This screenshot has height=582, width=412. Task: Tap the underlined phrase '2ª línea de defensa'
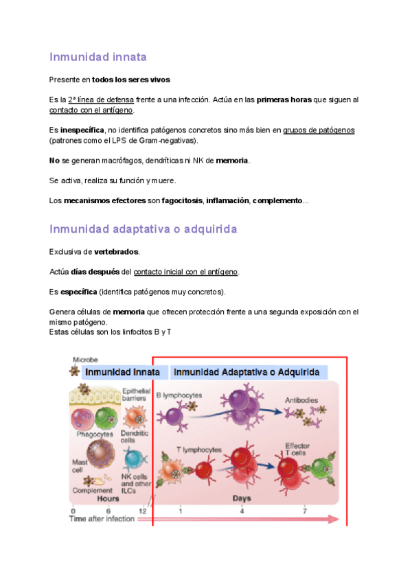pyautogui.click(x=101, y=100)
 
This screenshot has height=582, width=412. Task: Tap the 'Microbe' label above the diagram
pyautogui.click(x=86, y=359)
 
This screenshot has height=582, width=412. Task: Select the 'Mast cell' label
pyautogui.click(x=80, y=466)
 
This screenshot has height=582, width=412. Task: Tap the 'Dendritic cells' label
pyautogui.click(x=135, y=437)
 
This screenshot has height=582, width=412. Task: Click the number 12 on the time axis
pyautogui.click(x=142, y=511)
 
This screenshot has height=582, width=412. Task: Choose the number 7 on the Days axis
pyautogui.click(x=304, y=511)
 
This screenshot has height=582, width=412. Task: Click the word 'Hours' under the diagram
pyautogui.click(x=107, y=499)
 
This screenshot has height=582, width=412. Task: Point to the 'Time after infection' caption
pyautogui.click(x=102, y=520)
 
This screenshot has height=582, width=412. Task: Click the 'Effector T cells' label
pyautogui.click(x=297, y=450)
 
